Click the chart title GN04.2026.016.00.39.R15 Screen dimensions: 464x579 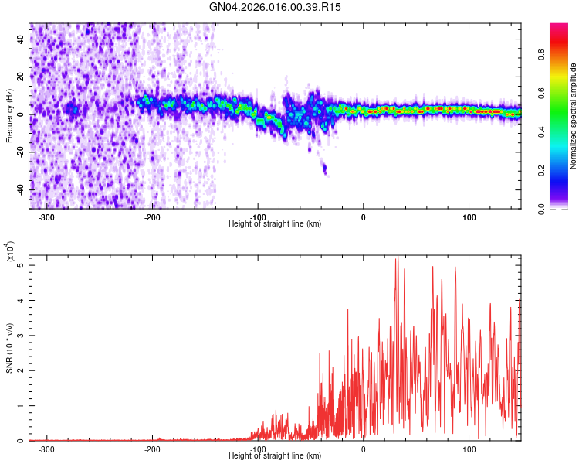(276, 7)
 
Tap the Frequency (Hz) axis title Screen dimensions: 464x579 (9, 116)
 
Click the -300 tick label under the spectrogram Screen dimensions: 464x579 (46, 217)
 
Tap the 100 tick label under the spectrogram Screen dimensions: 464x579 (469, 217)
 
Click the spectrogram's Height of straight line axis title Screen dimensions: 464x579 (275, 224)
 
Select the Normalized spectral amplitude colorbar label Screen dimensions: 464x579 (573, 116)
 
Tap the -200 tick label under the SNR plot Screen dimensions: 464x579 (152, 449)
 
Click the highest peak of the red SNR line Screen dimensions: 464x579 (397, 258)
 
